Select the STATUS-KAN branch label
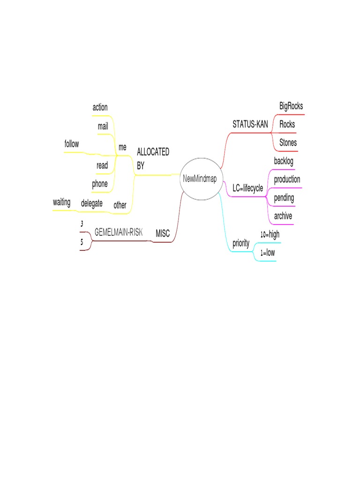coord(250,125)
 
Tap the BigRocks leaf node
coord(291,106)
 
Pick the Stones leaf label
coord(288,142)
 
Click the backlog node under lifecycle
coord(284,161)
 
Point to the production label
coord(287,180)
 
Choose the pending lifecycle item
coord(284,198)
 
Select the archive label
coord(283,216)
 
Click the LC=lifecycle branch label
coord(247,188)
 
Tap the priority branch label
coord(241,243)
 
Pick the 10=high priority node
coord(270,234)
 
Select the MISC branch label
coord(162,233)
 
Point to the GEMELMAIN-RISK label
coord(119,232)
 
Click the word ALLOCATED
coord(153,152)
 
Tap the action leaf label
coord(100,107)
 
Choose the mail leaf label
coord(103,126)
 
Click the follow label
coord(72,144)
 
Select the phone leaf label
coord(99,184)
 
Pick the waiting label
coord(61,202)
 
